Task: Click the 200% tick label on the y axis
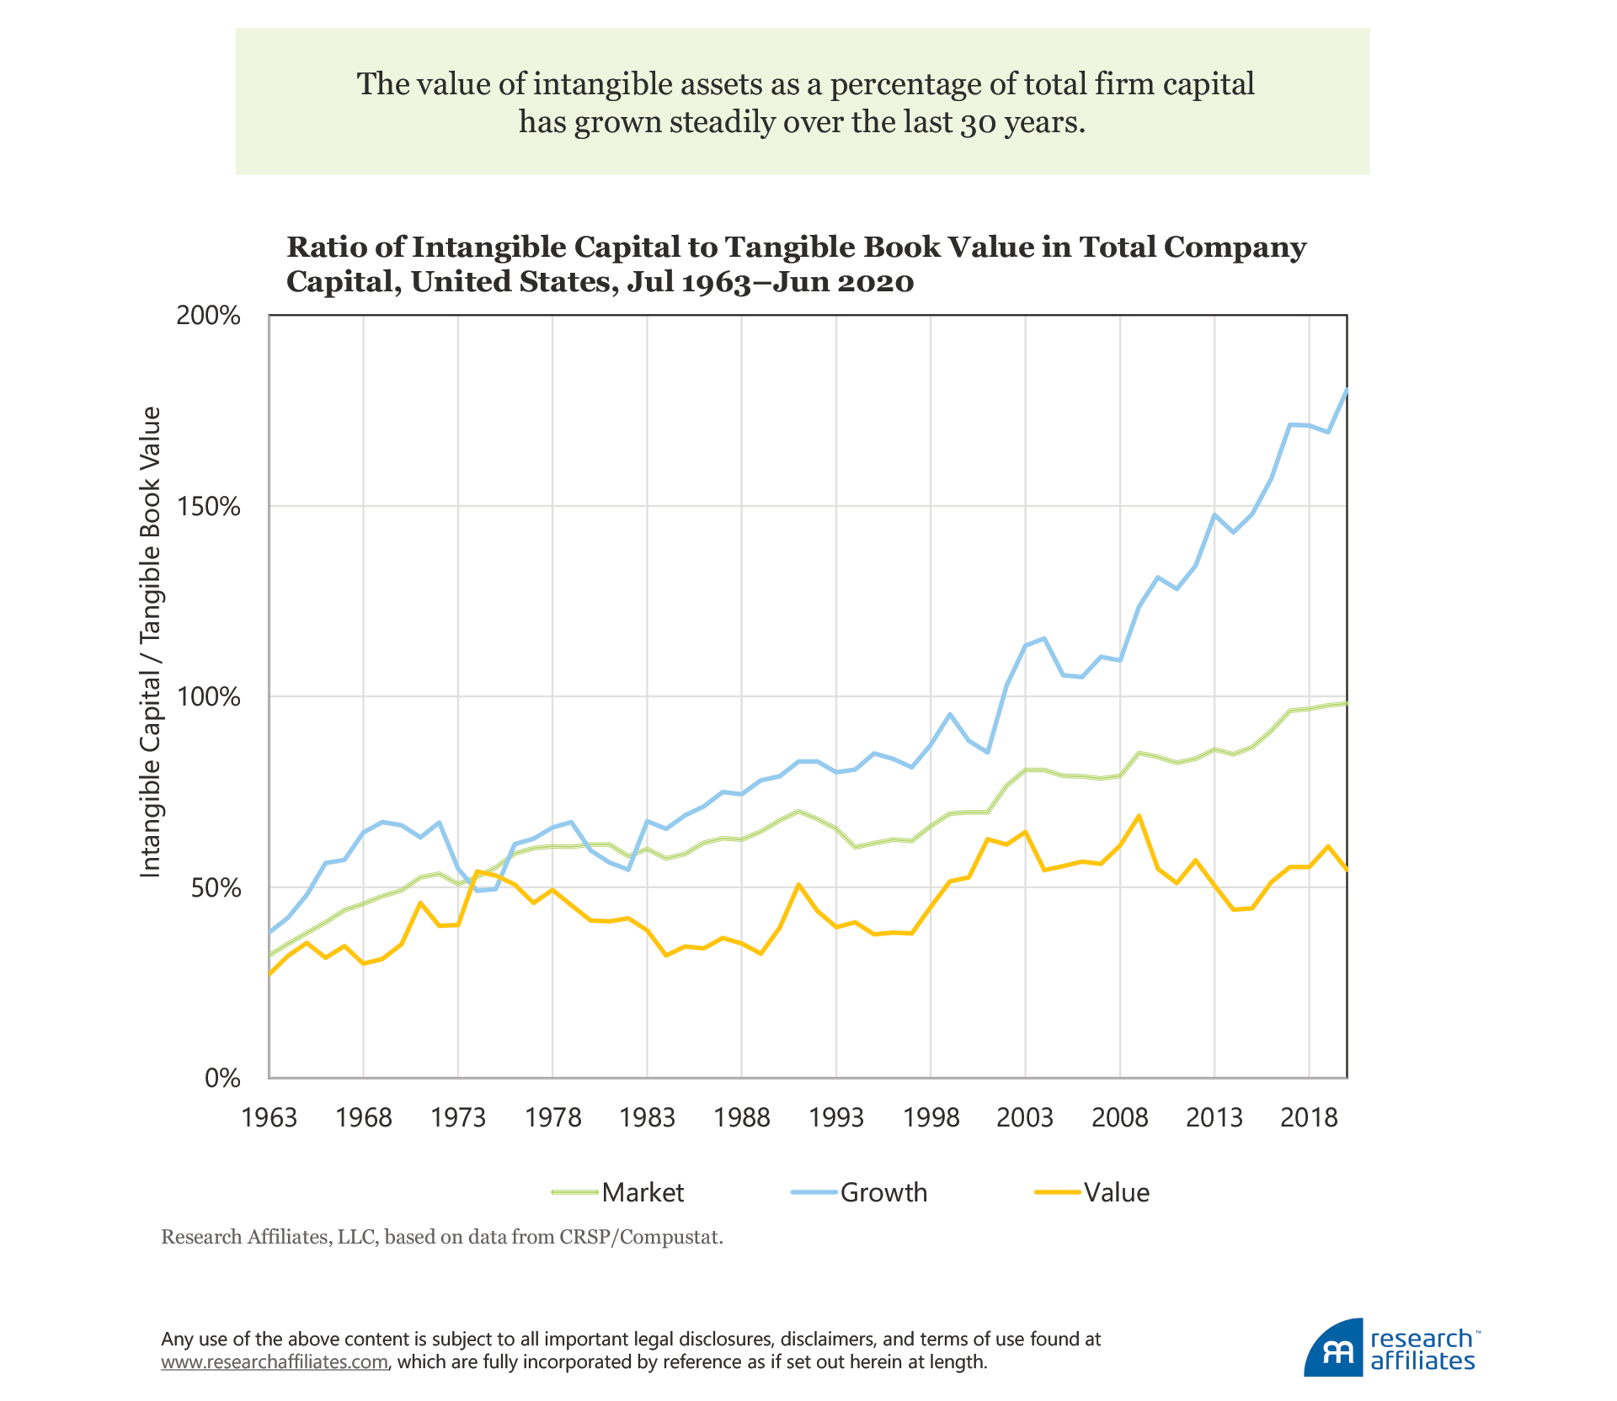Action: point(208,316)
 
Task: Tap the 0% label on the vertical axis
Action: point(222,1079)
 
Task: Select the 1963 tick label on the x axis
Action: point(269,1118)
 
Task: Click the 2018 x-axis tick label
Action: point(1309,1118)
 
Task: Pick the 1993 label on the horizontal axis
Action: point(836,1118)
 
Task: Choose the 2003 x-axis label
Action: point(1025,1118)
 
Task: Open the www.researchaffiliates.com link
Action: point(275,1362)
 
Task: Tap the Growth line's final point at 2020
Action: point(1347,389)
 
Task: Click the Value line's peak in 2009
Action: point(1139,816)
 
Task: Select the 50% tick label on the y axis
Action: point(216,888)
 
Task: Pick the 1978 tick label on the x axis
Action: point(552,1118)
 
